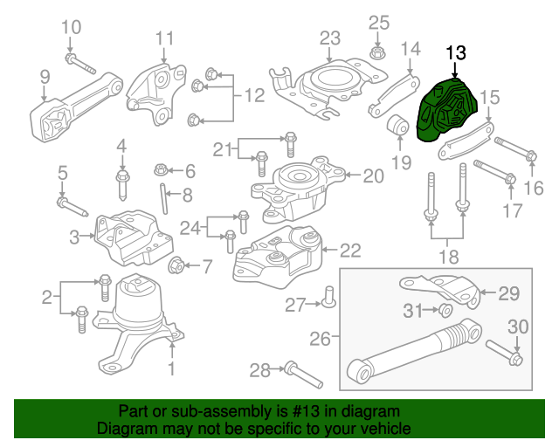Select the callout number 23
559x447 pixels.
click(x=329, y=38)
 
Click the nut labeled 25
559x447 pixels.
click(x=377, y=53)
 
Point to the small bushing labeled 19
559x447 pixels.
click(x=399, y=124)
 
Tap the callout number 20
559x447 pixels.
click(x=372, y=176)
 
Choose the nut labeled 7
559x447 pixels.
click(x=174, y=265)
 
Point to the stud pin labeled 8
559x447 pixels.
click(x=163, y=196)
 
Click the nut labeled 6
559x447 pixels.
click(x=161, y=169)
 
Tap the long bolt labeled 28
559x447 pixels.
click(x=301, y=375)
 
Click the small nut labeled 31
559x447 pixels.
click(x=445, y=311)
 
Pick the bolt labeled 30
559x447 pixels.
click(x=513, y=355)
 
